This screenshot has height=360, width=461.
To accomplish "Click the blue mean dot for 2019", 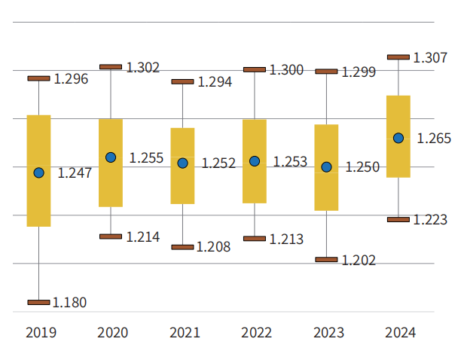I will click(39, 172).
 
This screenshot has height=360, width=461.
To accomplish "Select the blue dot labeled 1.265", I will click(398, 138).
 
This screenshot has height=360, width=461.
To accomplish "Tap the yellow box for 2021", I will click(182, 166).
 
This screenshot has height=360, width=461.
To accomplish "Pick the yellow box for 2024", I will click(398, 136).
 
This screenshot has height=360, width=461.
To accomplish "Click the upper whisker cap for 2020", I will click(111, 67).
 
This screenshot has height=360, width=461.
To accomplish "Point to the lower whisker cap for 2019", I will click(39, 302).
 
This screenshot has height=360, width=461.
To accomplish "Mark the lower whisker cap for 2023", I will click(326, 259).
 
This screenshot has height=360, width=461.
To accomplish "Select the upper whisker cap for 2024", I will click(398, 56).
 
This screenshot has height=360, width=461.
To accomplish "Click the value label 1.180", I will click(69, 303).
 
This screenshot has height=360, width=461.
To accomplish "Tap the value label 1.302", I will click(143, 68).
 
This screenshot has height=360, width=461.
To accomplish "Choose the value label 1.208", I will click(213, 247).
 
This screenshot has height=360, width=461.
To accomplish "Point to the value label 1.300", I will click(286, 70).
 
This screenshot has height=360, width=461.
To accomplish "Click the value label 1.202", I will click(358, 260).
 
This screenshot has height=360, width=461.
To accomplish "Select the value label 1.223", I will click(430, 220).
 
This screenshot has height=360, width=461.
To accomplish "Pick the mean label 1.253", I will click(290, 162).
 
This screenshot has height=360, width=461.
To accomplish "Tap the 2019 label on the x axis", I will click(41, 332).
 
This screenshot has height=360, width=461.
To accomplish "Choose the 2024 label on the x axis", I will click(400, 332).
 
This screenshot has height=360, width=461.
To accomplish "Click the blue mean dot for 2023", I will click(326, 167).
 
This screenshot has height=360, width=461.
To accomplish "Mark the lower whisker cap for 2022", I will click(255, 239).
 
